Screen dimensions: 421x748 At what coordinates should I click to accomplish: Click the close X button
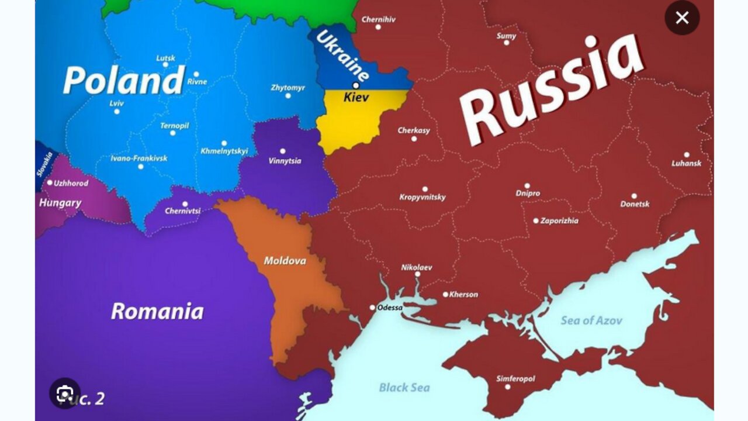[682, 18]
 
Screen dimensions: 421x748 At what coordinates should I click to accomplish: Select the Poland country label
[124, 81]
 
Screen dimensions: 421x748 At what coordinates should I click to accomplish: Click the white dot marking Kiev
[356, 85]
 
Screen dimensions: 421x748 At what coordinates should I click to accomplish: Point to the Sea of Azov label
[591, 320]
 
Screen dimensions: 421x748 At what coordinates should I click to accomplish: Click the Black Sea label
[404, 387]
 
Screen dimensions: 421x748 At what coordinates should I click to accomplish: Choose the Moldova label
[285, 260]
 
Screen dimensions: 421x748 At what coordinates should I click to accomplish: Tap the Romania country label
[157, 311]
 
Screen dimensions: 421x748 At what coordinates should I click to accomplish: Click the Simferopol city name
[515, 378]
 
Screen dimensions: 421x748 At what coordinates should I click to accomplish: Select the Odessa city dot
[372, 307]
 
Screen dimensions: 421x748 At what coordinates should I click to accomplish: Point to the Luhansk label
[686, 163]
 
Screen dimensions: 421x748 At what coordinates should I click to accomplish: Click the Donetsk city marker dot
[634, 196]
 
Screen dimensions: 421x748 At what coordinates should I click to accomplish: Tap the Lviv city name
[116, 103]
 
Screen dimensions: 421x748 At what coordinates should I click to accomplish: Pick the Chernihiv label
[378, 19]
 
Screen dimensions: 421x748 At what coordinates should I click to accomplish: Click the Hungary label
[60, 203]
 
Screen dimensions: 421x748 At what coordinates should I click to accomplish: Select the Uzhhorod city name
[71, 183]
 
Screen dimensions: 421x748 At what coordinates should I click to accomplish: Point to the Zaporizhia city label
[559, 220]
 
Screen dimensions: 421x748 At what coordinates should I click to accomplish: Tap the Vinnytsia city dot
[283, 151]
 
